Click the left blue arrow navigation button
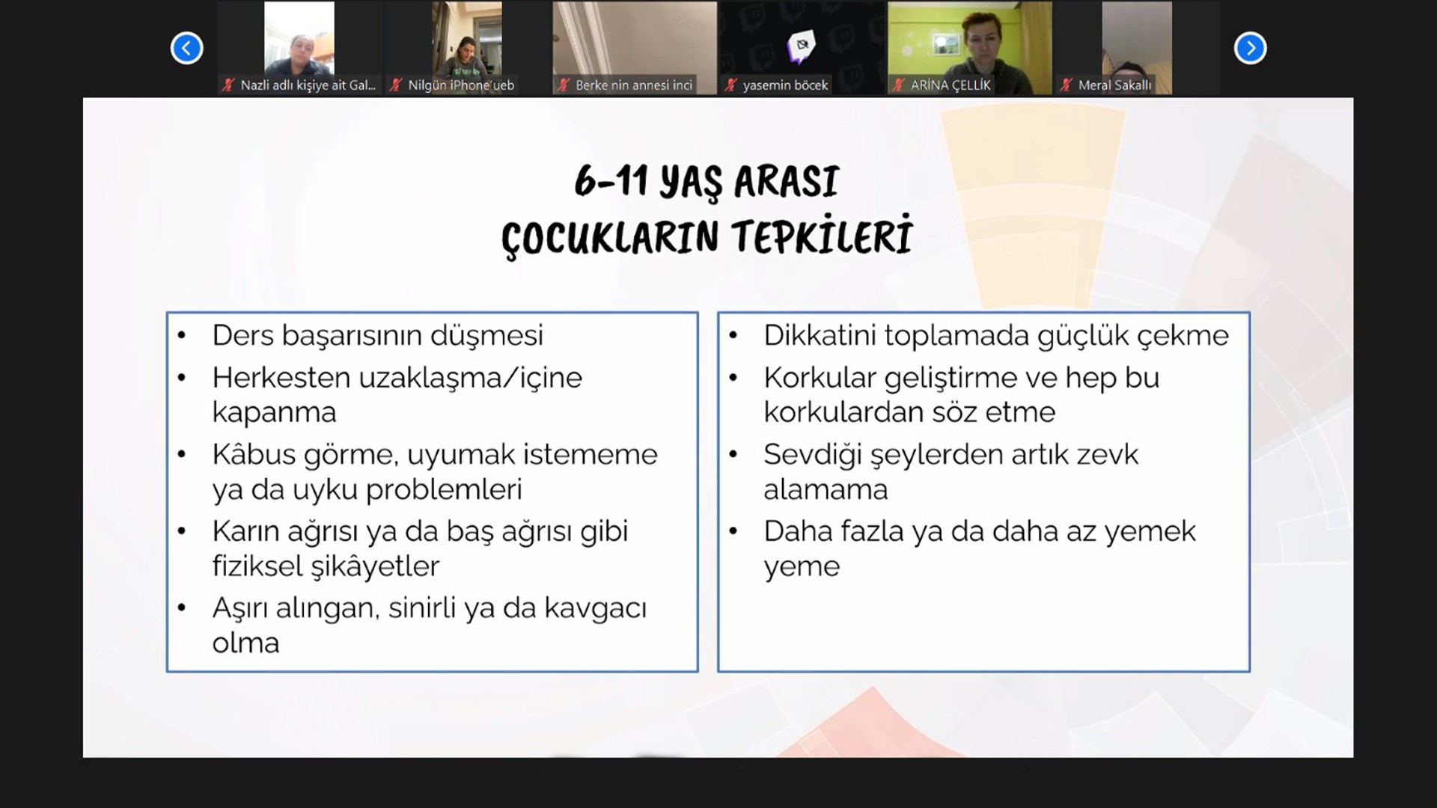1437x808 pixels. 186,49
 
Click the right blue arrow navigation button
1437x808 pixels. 1250,49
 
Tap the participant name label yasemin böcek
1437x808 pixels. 785,85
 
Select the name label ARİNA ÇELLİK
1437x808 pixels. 951,85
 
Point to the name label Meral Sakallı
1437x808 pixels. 1114,85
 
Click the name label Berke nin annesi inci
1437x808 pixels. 634,85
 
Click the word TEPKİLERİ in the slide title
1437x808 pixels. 822,236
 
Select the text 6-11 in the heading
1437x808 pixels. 611,181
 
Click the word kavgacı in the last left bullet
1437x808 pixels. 595,609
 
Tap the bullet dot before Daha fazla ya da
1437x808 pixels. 733,531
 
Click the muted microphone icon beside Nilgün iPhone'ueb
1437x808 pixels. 396,85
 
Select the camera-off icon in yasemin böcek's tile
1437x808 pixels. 802,45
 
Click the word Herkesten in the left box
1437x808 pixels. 281,378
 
